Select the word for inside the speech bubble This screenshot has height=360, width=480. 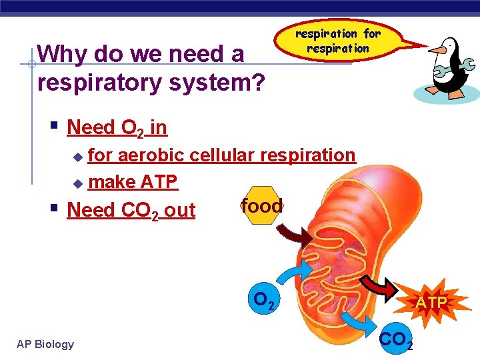pyautogui.click(x=371, y=33)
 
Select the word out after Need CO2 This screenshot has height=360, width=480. pyautogui.click(x=179, y=210)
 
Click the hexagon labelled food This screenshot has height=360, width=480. pyautogui.click(x=262, y=206)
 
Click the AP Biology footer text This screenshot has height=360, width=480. pyautogui.click(x=45, y=344)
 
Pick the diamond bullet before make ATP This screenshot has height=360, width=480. pyautogui.click(x=77, y=183)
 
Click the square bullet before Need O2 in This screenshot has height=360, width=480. pyautogui.click(x=55, y=124)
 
